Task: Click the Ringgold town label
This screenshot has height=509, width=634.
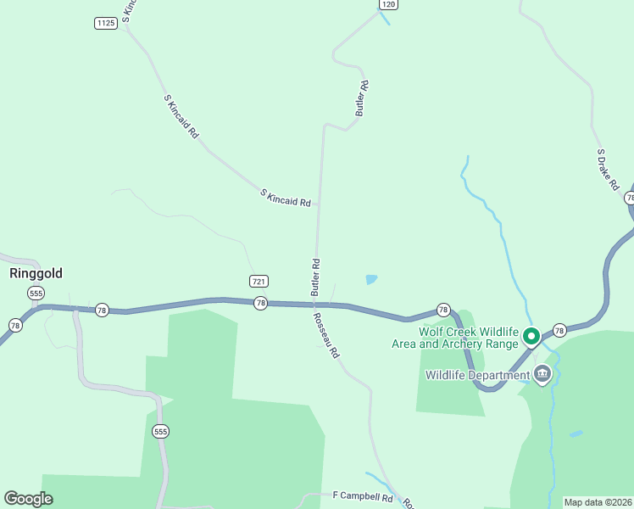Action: tap(36, 274)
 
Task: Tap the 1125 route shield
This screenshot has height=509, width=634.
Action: tap(105, 23)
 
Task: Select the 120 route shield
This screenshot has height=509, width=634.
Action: tap(388, 4)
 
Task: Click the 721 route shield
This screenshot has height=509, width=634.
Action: tap(260, 281)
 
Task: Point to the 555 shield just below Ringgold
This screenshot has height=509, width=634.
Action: tap(36, 293)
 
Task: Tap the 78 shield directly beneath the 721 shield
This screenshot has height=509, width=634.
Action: tap(260, 303)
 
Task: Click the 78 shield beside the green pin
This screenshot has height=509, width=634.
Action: tap(559, 329)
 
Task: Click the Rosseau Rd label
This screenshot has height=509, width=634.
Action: tap(326, 335)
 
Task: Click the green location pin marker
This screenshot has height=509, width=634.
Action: tap(531, 337)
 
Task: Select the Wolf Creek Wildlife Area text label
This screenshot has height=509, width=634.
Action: tap(454, 338)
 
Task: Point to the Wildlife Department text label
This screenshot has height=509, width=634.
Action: tap(476, 375)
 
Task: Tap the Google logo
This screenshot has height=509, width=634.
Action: tap(28, 499)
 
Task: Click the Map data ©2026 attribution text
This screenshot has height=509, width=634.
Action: tap(598, 502)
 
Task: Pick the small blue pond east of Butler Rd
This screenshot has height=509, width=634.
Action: tap(371, 278)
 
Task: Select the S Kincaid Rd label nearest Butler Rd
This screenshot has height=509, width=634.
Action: tap(286, 199)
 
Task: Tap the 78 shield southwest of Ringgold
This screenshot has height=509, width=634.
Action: tap(15, 325)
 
